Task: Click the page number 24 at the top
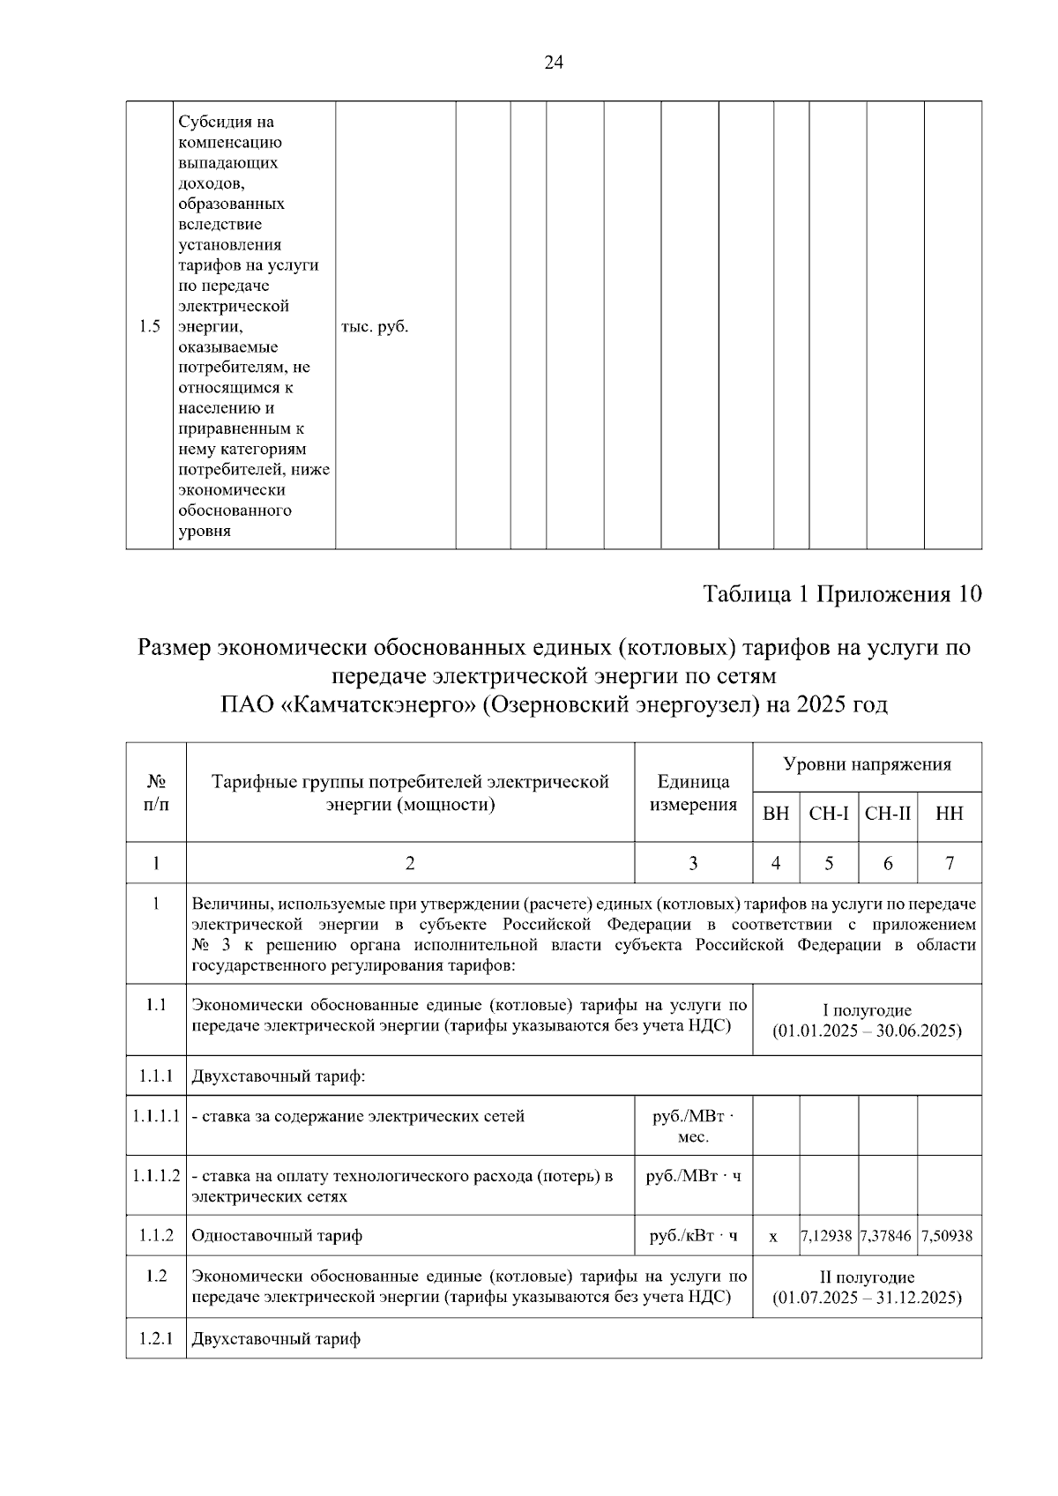554,62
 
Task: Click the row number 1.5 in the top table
150,327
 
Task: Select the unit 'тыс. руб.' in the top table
375,327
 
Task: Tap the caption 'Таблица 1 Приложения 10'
842,594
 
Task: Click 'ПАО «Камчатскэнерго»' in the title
348,704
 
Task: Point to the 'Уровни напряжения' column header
867,764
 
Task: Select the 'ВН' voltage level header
776,814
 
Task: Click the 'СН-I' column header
829,814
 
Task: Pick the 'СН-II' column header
888,814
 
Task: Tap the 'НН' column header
950,814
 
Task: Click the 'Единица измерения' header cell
693,793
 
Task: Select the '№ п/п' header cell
156,793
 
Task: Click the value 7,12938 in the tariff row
827,1236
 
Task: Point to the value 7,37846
887,1236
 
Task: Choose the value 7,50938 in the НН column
947,1236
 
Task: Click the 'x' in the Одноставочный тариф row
773,1237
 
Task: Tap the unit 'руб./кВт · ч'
693,1236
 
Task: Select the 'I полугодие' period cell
867,1021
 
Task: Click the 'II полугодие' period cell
867,1287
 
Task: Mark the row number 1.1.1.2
156,1176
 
